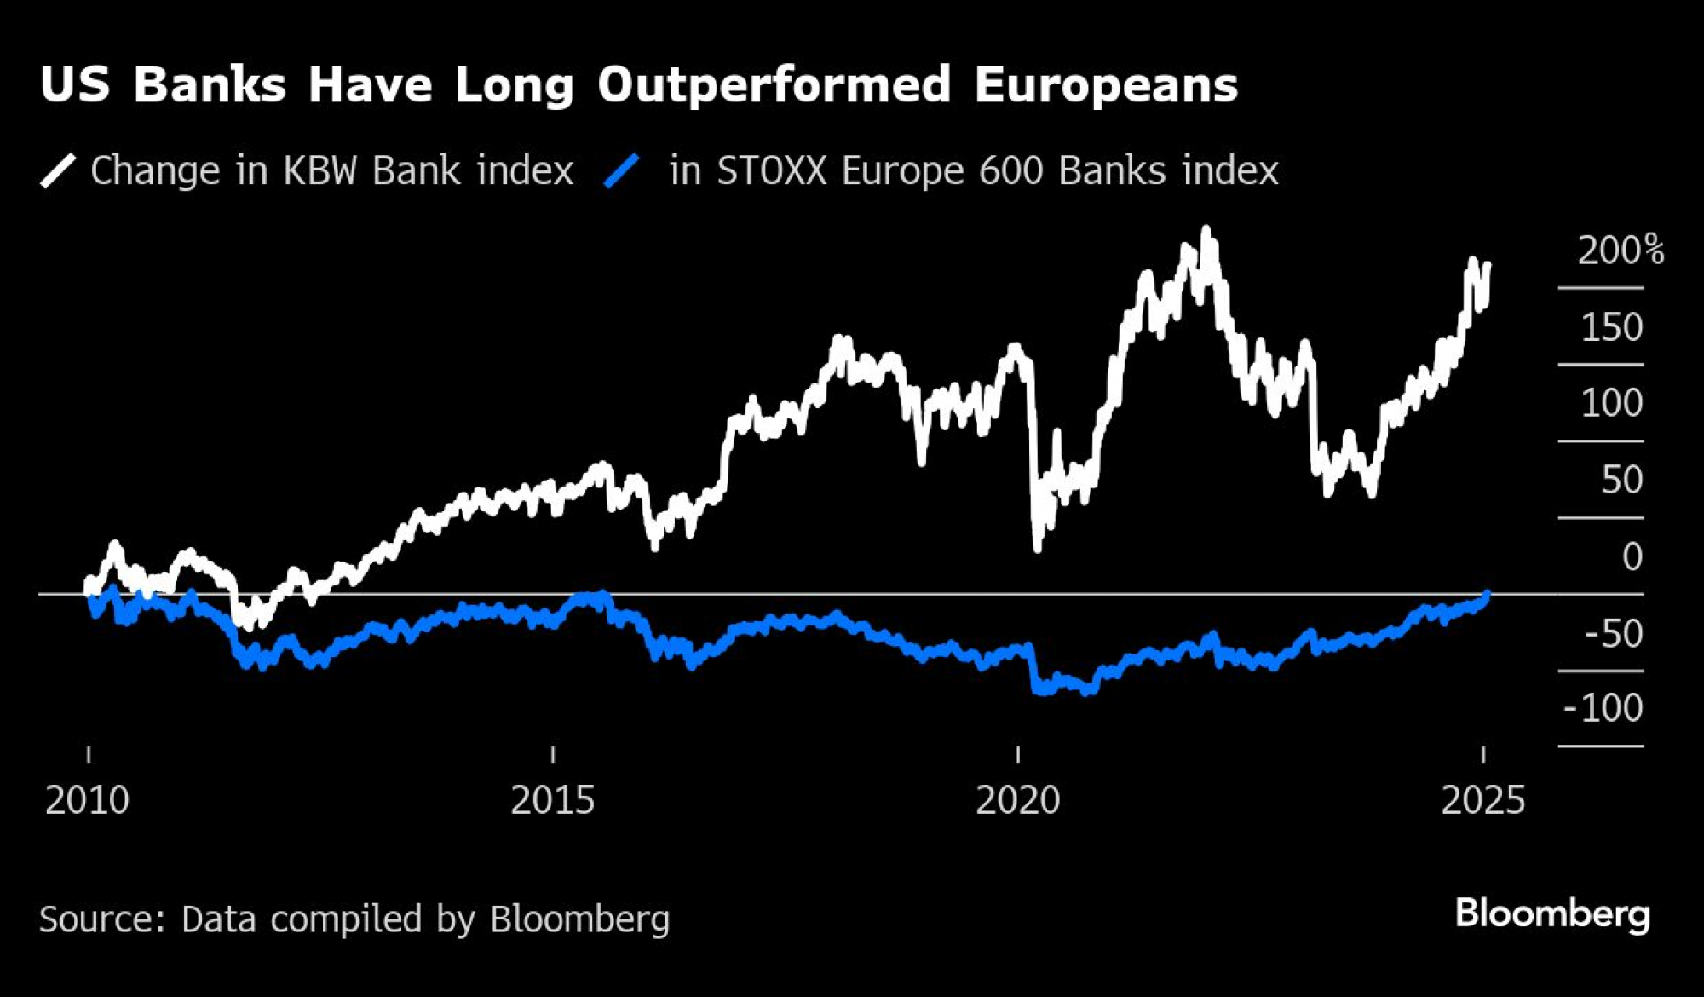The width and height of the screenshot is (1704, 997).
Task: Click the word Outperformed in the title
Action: [x=774, y=86]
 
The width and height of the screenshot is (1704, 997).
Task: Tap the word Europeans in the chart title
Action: [x=1106, y=86]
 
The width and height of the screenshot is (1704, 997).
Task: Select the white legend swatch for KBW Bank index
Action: [x=58, y=170]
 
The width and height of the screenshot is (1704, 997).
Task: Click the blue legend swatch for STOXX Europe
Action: [x=621, y=170]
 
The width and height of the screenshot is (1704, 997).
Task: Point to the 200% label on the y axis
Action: [x=1620, y=251]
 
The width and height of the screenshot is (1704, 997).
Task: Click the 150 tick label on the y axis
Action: [x=1611, y=327]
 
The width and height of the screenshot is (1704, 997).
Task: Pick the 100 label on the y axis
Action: [x=1611, y=403]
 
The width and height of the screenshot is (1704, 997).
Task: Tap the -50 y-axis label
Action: [x=1613, y=633]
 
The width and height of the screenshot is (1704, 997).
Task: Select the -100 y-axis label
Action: [x=1603, y=708]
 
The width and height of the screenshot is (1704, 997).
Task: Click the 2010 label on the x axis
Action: [x=87, y=800]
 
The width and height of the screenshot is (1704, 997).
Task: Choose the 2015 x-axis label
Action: [x=552, y=800]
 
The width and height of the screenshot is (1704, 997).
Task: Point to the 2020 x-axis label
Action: [x=1017, y=800]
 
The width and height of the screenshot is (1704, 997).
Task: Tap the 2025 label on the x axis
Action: [x=1482, y=800]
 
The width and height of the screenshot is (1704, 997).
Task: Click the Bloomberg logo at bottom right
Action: [x=1552, y=914]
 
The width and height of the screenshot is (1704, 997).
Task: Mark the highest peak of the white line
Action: [x=1206, y=230]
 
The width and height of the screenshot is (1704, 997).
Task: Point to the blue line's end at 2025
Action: [x=1487, y=594]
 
